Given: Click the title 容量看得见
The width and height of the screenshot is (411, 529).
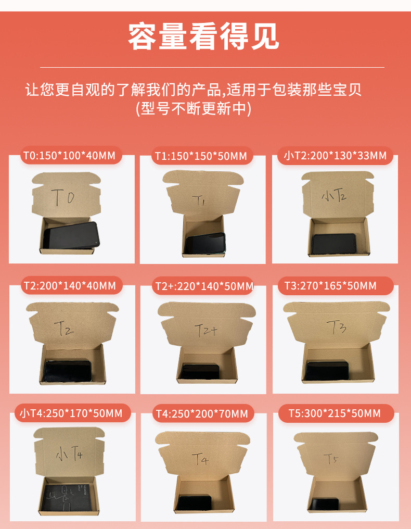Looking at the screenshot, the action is (203, 37).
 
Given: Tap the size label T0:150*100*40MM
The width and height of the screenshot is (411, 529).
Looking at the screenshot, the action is (70, 156).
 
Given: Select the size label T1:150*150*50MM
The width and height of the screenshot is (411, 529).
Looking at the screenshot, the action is (201, 156).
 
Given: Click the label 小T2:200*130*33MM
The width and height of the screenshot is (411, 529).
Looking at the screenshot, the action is (335, 156).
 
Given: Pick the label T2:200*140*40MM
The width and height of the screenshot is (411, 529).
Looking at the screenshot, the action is (70, 286).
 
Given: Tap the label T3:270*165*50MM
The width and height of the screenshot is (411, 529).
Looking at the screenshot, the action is (330, 286).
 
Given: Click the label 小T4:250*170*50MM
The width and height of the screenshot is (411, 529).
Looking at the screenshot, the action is (71, 413).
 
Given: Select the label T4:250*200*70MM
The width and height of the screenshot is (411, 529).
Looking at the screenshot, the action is (202, 413).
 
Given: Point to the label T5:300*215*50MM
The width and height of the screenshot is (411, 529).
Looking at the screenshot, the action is (335, 413).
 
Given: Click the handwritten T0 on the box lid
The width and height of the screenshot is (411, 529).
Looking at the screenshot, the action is (63, 197).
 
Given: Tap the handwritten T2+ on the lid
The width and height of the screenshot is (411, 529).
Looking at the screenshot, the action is (205, 330).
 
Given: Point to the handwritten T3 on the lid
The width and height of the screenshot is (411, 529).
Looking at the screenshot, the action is (336, 326).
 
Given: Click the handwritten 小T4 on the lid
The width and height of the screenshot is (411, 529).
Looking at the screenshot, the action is (69, 453).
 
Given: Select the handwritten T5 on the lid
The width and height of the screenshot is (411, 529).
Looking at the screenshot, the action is (331, 459).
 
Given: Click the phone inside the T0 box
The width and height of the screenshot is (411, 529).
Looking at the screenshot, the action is (71, 235).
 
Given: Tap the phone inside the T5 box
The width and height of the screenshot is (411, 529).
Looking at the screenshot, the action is (324, 504).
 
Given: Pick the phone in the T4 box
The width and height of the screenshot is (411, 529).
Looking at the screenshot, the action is (194, 502).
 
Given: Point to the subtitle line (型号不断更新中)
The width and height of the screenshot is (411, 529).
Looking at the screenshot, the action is (194, 109).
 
